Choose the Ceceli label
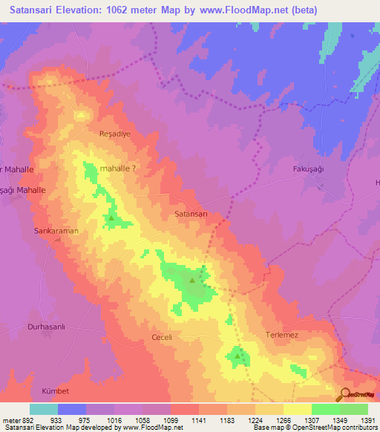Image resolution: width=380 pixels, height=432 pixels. click(162, 337)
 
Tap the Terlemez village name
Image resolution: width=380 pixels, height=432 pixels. click(283, 336)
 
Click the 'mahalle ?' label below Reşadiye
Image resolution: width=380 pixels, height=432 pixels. click(117, 168)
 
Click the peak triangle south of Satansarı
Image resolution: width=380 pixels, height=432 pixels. click(192, 281)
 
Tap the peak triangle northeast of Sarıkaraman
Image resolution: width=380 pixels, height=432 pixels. click(111, 218)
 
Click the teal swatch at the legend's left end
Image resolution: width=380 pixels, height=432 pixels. click(43, 408)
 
